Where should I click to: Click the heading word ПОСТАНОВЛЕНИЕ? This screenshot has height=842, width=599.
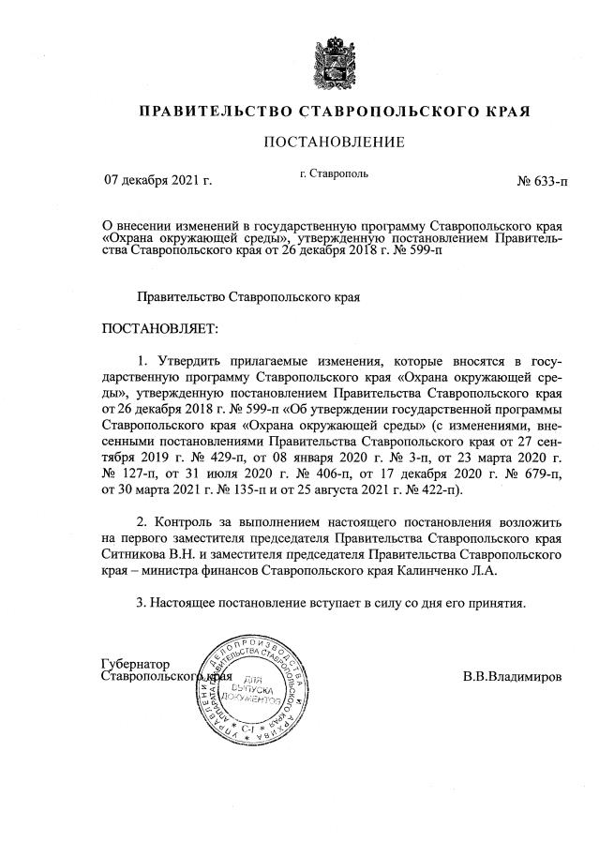(335, 143)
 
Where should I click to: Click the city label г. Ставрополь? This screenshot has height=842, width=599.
(334, 173)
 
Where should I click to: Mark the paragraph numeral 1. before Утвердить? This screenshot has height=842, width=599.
(142, 361)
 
